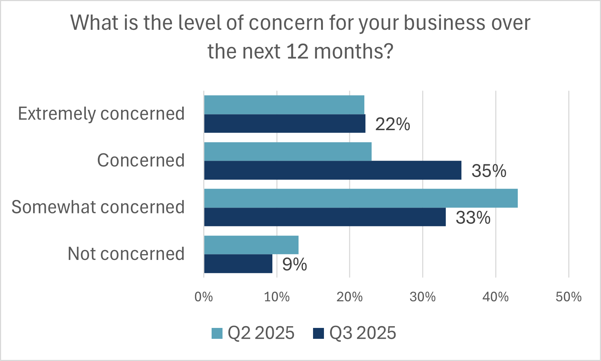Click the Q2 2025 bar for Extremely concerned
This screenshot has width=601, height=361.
(x=284, y=105)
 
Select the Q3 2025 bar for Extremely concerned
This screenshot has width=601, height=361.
(x=285, y=124)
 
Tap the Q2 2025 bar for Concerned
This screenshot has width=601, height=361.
(x=288, y=151)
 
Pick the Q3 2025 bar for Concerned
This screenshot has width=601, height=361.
(x=333, y=170)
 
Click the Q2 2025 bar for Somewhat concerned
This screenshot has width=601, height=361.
(x=361, y=198)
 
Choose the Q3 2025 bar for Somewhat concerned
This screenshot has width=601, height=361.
(x=325, y=217)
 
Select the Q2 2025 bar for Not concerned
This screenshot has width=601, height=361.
(x=251, y=245)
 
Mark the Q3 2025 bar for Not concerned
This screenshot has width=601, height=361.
(x=238, y=264)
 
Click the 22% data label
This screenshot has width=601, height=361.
(x=393, y=125)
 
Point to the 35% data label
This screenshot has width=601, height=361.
(x=489, y=171)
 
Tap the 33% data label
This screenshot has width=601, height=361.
(x=473, y=218)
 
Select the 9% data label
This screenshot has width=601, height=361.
(x=295, y=265)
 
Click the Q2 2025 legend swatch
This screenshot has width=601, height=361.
(x=217, y=333)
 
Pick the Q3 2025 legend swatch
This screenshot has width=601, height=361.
(x=318, y=333)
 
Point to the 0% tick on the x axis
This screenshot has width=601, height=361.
(x=204, y=297)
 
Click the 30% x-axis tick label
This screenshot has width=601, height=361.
(x=422, y=297)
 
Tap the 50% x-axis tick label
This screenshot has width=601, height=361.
(x=568, y=297)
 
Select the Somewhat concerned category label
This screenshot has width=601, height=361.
(x=98, y=207)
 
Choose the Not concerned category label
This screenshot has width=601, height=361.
(x=126, y=254)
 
